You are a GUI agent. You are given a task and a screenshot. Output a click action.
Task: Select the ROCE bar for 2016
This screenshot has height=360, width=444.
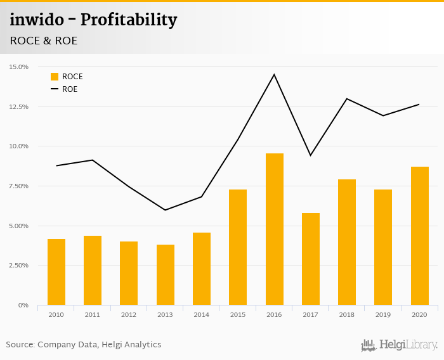click(x=274, y=229)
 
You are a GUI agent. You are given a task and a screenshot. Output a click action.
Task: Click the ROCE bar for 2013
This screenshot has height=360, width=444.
click(x=165, y=274)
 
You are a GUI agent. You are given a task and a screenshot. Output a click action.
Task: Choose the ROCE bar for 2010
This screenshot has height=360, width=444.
click(x=56, y=272)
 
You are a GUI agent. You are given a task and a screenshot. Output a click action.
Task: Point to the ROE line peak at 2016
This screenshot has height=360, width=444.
click(x=274, y=75)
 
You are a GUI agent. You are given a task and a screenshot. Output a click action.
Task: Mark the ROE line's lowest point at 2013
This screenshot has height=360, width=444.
click(x=165, y=210)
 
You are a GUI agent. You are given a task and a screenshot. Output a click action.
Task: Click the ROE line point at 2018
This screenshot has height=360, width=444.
click(x=347, y=99)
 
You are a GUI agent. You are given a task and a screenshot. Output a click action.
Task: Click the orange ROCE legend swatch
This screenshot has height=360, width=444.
click(x=55, y=77)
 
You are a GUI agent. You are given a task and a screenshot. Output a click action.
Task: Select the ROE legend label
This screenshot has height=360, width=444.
click(x=70, y=89)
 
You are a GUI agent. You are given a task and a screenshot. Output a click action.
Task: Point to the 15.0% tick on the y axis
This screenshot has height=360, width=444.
click(x=18, y=67)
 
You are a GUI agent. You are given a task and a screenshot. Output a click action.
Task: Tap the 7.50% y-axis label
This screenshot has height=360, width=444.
click(x=18, y=186)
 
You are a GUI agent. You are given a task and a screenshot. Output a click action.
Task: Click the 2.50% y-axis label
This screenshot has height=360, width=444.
click(x=18, y=265)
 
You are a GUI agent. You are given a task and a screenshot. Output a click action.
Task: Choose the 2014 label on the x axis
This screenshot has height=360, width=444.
click(x=201, y=315)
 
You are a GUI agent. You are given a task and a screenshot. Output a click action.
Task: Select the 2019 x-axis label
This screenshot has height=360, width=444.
click(x=383, y=315)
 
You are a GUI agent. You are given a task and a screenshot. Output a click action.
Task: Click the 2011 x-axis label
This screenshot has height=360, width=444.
click(x=92, y=315)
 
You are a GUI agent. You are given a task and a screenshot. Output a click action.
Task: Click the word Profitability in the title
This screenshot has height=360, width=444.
click(x=130, y=20)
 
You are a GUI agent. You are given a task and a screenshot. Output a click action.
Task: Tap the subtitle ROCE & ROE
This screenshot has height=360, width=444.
click(x=44, y=41)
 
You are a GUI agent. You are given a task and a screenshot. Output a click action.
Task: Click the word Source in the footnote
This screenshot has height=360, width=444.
click(x=20, y=345)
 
